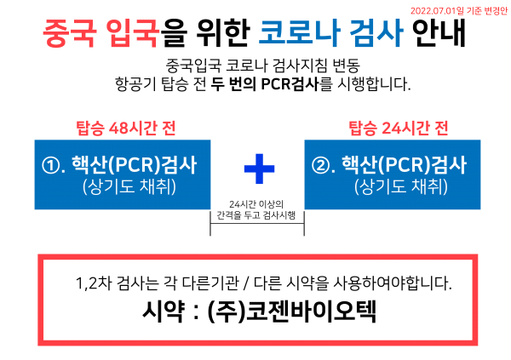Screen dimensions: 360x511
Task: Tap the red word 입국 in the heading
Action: click(x=134, y=34)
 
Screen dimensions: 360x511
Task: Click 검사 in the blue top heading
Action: click(x=376, y=34)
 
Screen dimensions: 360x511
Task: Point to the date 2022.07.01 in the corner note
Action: click(x=433, y=11)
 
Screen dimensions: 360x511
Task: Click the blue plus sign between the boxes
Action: click(x=259, y=169)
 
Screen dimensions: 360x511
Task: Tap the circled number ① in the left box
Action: click(x=49, y=165)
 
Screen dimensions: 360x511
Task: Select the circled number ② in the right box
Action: click(x=320, y=165)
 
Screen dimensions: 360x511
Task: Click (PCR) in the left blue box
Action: click(x=132, y=164)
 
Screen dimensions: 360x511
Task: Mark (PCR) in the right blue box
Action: click(x=402, y=164)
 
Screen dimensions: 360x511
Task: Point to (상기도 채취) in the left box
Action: click(x=129, y=187)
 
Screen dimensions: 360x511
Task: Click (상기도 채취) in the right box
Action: click(x=400, y=187)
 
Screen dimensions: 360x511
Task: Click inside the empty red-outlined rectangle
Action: click(x=257, y=300)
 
